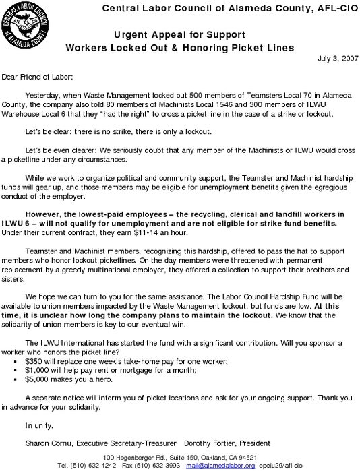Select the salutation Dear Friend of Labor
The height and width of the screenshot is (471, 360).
pyautogui.click(x=38, y=77)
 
